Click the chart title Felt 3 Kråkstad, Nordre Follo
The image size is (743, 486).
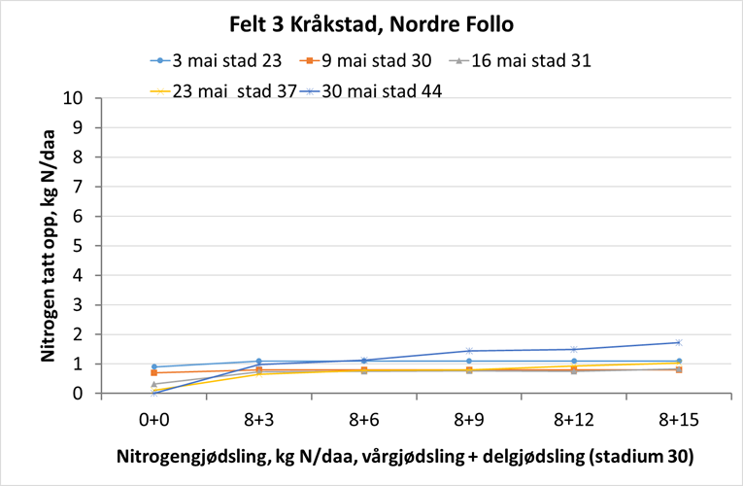pos(371,24)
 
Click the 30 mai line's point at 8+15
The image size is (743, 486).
pos(678,342)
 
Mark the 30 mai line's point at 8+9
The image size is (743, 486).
pos(469,351)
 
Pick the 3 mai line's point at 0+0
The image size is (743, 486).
pos(155,367)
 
